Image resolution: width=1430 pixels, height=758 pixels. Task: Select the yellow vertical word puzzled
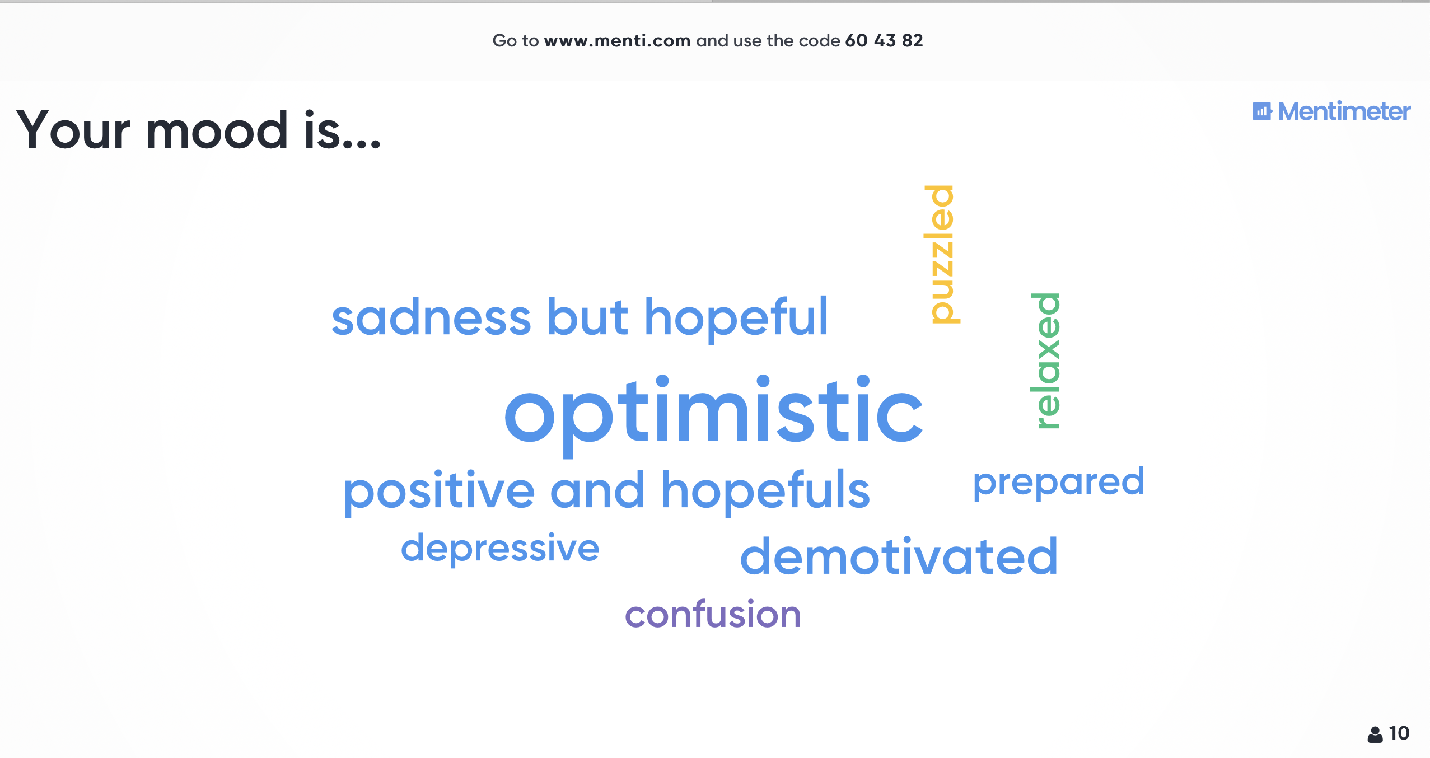tap(942, 254)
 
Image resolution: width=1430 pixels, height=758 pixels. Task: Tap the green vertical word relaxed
tap(1045, 361)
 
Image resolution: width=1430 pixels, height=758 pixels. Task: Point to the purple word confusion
tap(713, 614)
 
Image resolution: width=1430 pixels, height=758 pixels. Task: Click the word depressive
tap(500, 549)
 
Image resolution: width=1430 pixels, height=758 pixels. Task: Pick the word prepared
tap(1059, 483)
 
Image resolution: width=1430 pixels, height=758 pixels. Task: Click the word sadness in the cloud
tap(431, 317)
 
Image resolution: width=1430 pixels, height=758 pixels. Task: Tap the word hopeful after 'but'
tap(736, 317)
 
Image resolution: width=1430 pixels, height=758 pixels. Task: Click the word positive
tap(440, 492)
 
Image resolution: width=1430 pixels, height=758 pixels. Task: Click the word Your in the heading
tap(73, 130)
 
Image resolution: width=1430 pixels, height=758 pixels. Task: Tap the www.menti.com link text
tap(617, 41)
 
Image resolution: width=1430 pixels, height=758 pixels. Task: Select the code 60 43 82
tap(884, 40)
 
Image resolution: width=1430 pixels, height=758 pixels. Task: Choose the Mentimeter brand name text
tap(1344, 111)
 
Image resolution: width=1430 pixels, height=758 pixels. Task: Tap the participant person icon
tap(1375, 734)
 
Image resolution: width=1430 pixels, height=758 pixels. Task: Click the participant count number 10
tap(1399, 733)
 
